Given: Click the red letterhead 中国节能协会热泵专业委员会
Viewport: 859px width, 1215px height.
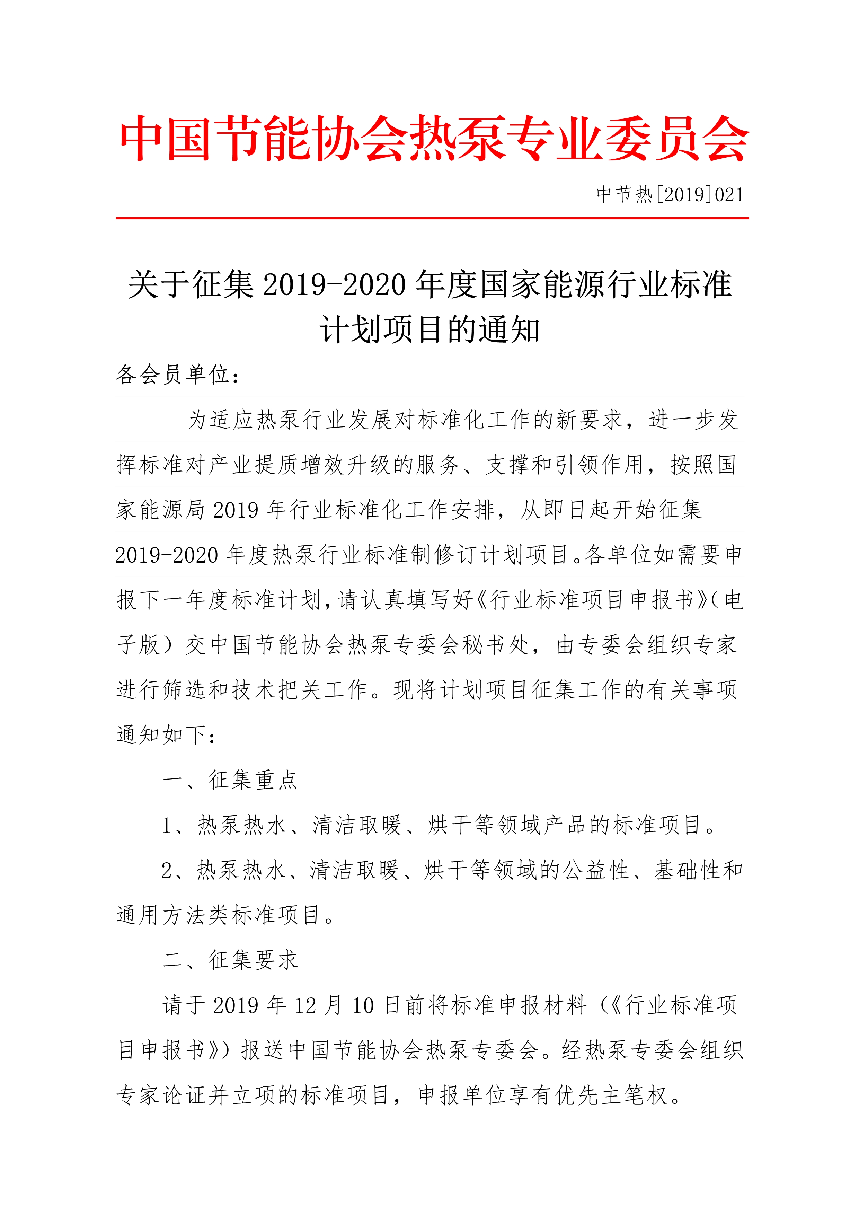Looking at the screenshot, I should coord(434,139).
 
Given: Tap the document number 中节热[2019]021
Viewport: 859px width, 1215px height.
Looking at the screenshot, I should coord(670,195).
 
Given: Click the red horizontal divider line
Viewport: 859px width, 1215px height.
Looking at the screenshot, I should coord(432,218).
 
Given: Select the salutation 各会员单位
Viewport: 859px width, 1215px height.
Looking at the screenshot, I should coord(172,375).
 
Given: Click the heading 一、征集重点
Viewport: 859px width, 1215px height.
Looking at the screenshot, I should coord(231,780).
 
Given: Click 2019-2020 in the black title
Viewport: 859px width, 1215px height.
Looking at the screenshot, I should coord(334,285).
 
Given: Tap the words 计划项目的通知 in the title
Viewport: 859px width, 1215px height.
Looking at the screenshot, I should coord(429,330).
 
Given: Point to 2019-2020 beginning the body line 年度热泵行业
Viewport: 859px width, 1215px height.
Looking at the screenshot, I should coord(167,555).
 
